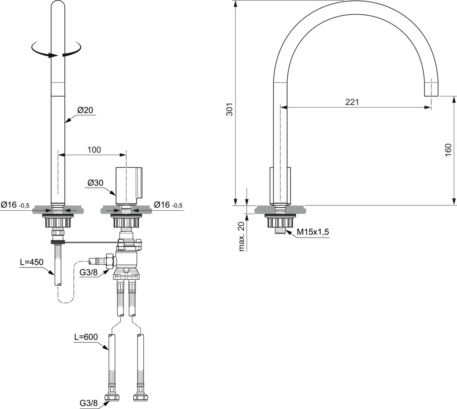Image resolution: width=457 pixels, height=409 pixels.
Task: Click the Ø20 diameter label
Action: [x=85, y=110]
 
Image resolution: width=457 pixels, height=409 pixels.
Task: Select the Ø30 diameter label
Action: [x=96, y=183]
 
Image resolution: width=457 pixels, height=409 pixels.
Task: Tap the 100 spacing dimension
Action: [x=94, y=150]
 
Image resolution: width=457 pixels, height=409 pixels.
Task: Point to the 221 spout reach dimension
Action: [x=352, y=102]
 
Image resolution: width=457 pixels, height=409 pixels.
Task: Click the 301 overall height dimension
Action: [x=229, y=110]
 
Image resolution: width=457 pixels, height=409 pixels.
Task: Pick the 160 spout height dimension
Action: [x=448, y=150]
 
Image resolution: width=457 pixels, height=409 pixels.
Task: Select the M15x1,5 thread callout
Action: [x=313, y=232]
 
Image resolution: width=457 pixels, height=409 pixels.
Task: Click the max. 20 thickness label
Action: [x=241, y=236]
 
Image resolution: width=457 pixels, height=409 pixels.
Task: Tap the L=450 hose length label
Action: [x=32, y=262]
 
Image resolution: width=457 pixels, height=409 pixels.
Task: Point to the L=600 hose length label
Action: [x=86, y=337]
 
